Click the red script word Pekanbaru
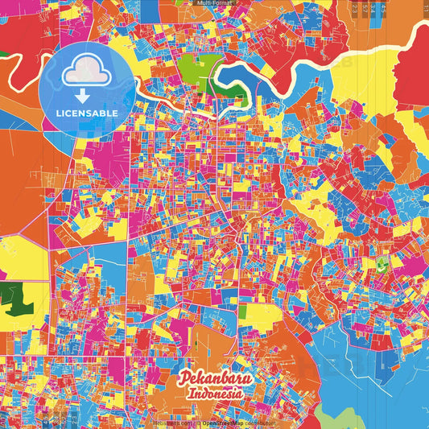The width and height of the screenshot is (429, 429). click(214, 378)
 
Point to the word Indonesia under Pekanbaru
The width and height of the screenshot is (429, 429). click(215, 394)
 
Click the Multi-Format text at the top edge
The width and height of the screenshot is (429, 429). click(214, 3)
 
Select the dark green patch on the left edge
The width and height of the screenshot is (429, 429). click(14, 299)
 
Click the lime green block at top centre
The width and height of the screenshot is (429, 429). click(191, 68)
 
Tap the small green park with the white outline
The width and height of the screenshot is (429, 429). click(380, 264)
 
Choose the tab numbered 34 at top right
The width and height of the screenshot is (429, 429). click(372, 8)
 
